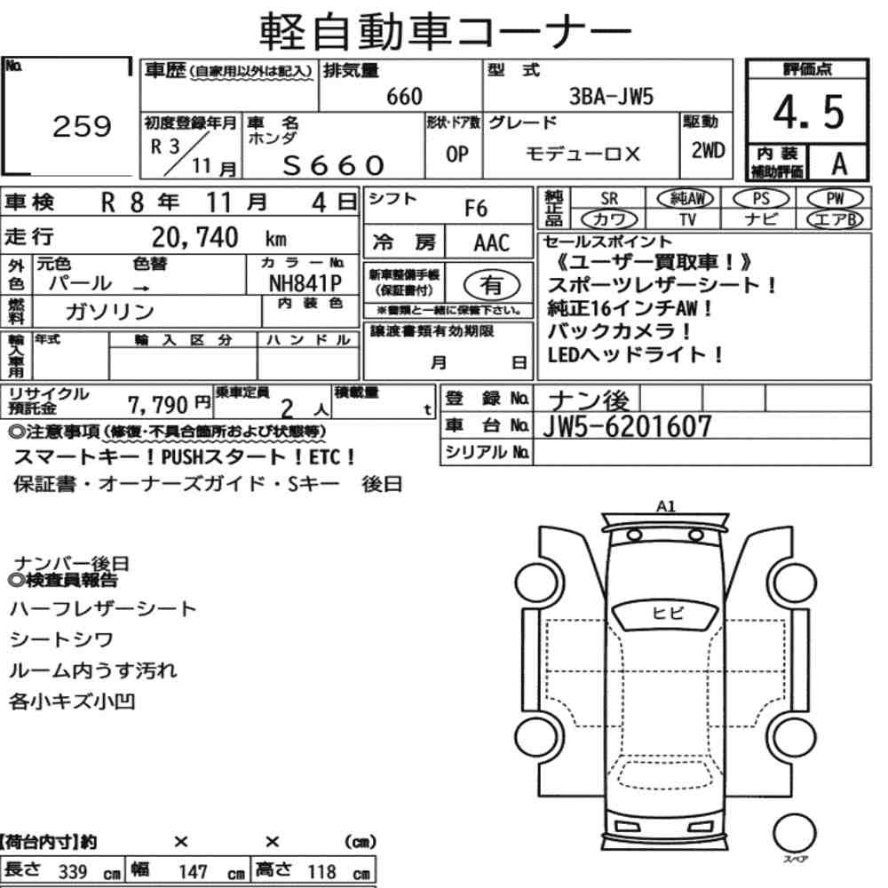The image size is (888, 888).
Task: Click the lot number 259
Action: coord(82,126)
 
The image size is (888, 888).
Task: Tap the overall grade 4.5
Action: coord(809,112)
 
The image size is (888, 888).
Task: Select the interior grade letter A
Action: coord(839,164)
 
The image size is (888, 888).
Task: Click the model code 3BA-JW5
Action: coord(611,97)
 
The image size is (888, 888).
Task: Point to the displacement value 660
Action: coord(404,97)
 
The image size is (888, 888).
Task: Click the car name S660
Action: coord(334,165)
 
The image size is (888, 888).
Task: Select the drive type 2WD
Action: coord(708,150)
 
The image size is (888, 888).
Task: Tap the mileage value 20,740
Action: coord(194,237)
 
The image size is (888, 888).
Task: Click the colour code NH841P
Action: coord(305,283)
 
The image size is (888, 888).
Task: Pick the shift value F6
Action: coord(476,209)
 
